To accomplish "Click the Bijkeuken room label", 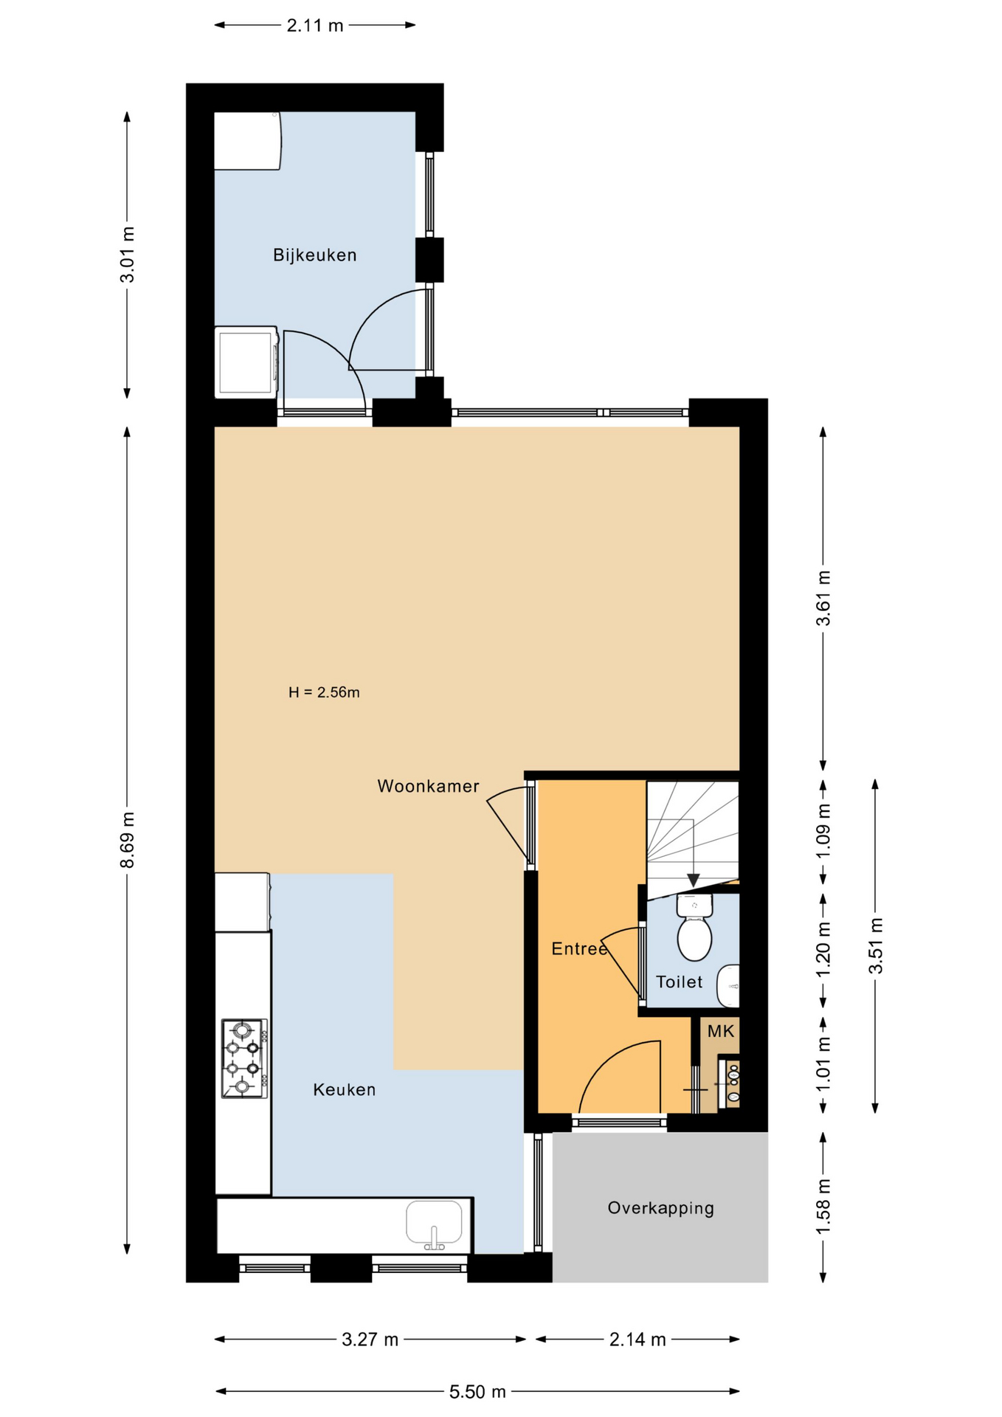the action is click(314, 255).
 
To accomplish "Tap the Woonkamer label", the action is click(428, 787).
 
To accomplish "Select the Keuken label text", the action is click(345, 1090).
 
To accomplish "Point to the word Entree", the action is click(579, 949).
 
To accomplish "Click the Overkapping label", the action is click(661, 1209).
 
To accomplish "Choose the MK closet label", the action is click(721, 1032).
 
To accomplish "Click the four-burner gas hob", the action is click(244, 1058).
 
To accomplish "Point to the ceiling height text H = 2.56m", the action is click(324, 692).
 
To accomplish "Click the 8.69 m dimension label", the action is click(128, 841).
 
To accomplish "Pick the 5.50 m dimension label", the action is click(477, 1392).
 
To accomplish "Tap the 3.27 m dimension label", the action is click(370, 1340).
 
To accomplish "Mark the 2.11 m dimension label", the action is click(315, 26).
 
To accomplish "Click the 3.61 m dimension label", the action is click(823, 599).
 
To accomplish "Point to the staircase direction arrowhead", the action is click(694, 880).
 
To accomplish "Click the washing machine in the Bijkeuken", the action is click(246, 362).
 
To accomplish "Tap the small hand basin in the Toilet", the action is click(729, 985).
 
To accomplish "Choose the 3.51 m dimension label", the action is click(876, 946).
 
